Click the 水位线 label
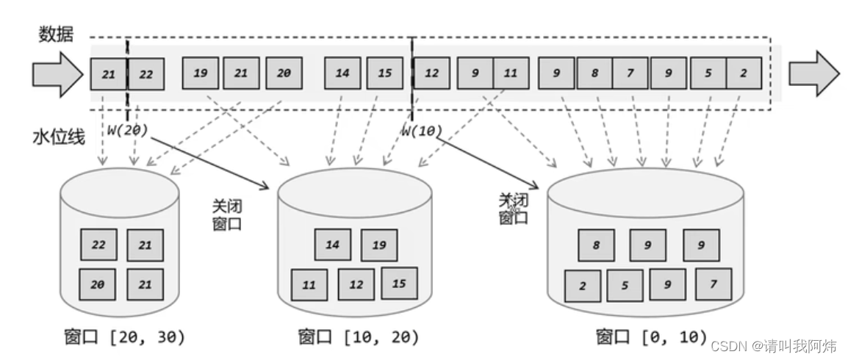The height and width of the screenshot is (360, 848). tap(56, 137)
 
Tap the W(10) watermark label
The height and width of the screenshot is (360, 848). tap(420, 131)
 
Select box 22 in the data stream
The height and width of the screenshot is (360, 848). tap(145, 73)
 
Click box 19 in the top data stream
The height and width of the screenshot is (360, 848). tap(200, 73)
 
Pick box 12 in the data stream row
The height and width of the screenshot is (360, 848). tap(432, 73)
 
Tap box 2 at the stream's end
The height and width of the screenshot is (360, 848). tap(744, 73)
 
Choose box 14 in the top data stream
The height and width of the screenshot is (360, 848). tap(342, 73)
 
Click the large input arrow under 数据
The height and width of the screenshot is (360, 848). tap(57, 74)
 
